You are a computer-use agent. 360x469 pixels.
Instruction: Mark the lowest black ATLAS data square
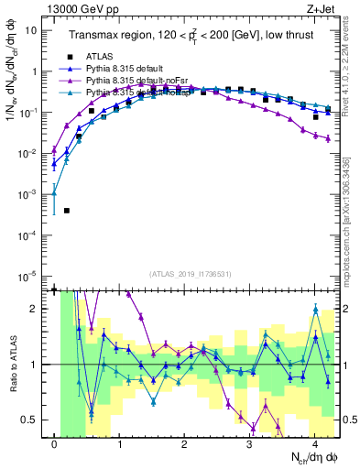pos(67,211)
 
